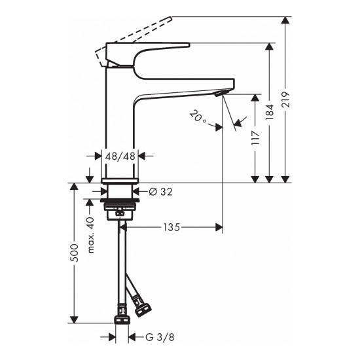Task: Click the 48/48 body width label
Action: tap(121, 156)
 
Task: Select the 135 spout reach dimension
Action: tap(171, 227)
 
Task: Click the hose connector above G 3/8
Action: tap(120, 320)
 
